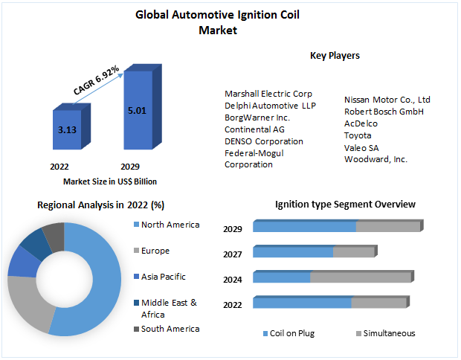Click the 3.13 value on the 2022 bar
tap(67, 129)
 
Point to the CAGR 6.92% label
tap(96, 80)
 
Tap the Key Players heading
tap(335, 55)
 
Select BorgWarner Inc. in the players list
tap(257, 118)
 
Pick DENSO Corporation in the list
tap(264, 141)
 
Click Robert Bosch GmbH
tap(384, 112)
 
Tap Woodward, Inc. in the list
tap(375, 159)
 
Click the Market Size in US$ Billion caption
tap(110, 181)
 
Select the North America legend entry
tap(170, 225)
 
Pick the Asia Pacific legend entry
tap(163, 277)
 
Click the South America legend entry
tap(170, 329)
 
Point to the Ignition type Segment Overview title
tap(345, 204)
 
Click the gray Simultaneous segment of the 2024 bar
tap(360, 277)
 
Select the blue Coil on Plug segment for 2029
tap(305, 226)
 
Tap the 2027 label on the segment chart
tap(233, 254)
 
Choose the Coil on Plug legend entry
tap(292, 333)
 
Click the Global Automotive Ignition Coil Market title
tap(218, 22)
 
